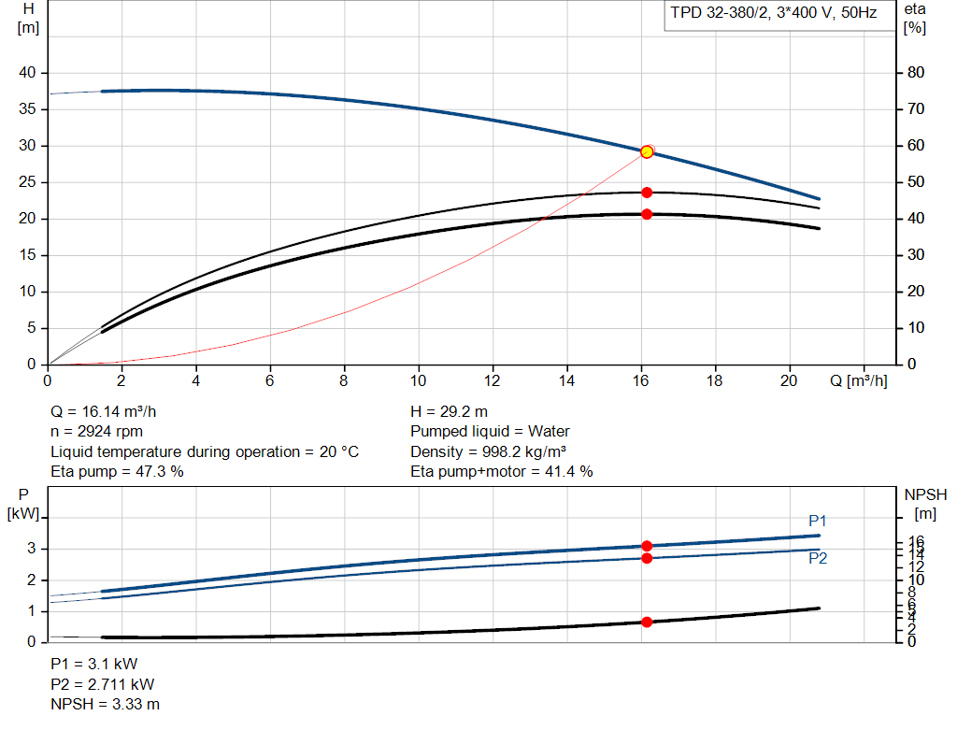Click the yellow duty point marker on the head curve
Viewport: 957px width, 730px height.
tap(647, 151)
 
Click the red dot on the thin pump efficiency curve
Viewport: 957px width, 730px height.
tap(647, 193)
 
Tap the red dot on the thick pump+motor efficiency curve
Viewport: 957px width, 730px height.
tap(647, 214)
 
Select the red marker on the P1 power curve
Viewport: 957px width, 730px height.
tap(647, 546)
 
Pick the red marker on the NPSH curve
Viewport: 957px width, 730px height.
tap(647, 622)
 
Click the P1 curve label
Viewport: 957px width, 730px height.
tap(818, 521)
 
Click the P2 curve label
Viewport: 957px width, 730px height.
tap(818, 558)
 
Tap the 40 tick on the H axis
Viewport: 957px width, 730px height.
tap(27, 73)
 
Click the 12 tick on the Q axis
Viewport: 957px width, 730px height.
tap(493, 381)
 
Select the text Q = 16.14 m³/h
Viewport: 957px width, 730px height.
tap(110, 411)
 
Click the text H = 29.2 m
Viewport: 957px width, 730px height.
tap(450, 411)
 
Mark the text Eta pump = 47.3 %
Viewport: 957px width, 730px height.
tap(117, 471)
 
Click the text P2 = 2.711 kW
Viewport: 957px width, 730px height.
tap(103, 684)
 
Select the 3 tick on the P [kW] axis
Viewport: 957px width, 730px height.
tap(32, 549)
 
